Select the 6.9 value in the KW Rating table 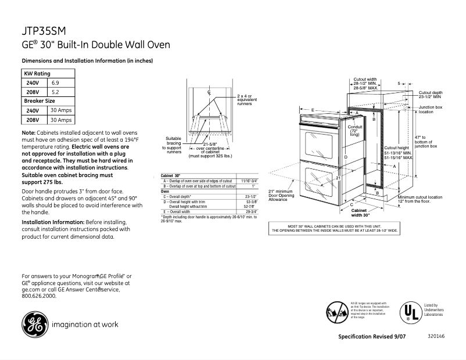[x=55, y=82]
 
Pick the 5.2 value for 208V [x=55, y=92]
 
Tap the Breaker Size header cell [x=40, y=100]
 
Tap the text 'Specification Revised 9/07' [x=371, y=337]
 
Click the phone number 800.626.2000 [x=39, y=296]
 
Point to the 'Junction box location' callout [x=431, y=110]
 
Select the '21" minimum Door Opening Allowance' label [x=282, y=195]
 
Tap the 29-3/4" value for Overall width [x=250, y=212]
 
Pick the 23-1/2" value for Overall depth [x=250, y=197]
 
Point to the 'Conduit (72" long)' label [x=354, y=130]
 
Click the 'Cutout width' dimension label [x=365, y=84]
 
